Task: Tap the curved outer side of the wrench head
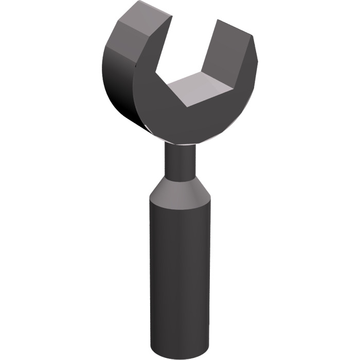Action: (116, 82)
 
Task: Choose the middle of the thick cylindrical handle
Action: (179, 273)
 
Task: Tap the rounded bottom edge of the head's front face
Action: (190, 141)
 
